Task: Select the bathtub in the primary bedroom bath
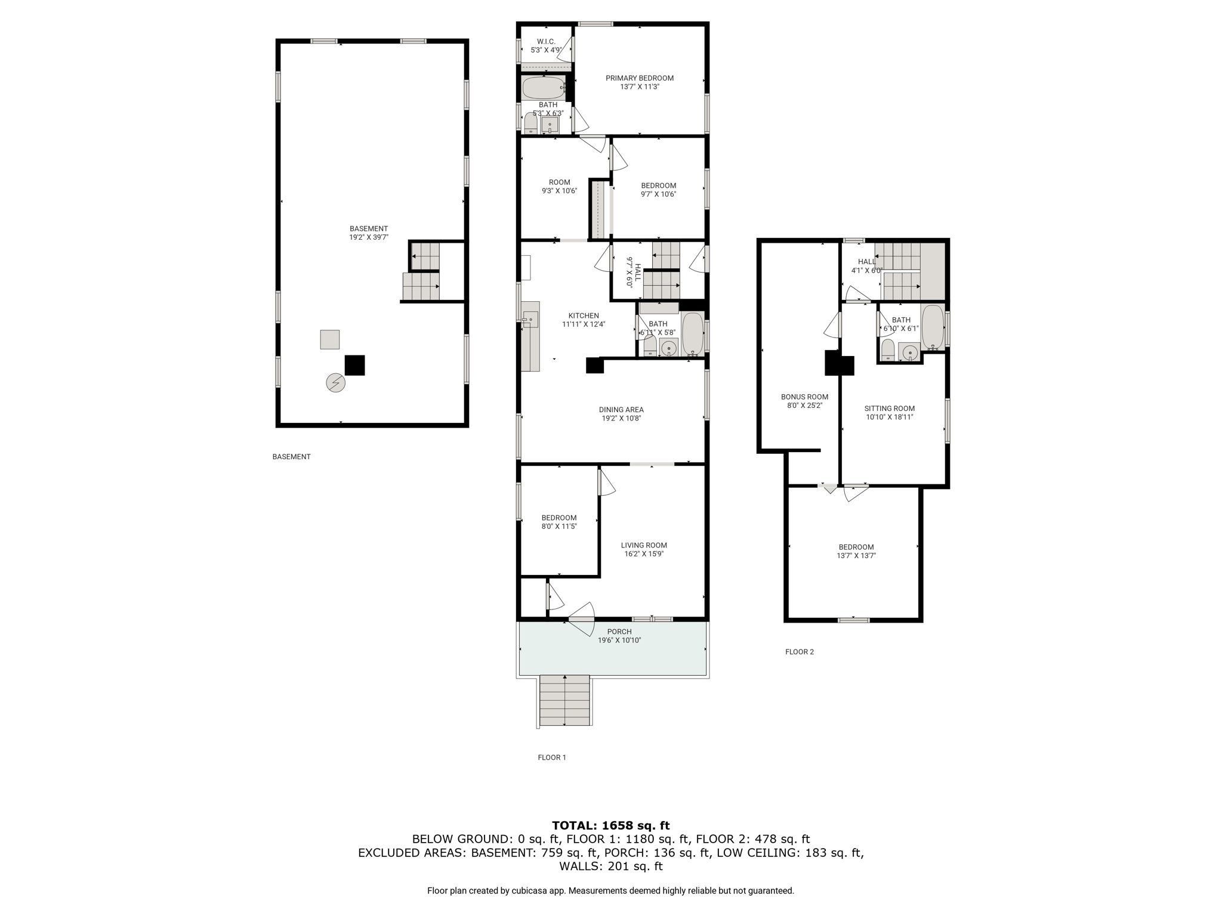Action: click(x=544, y=88)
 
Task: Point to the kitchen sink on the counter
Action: click(x=530, y=320)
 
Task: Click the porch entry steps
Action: click(x=565, y=701)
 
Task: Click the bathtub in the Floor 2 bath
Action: click(x=933, y=327)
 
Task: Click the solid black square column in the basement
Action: click(x=355, y=365)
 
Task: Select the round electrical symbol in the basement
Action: click(x=336, y=382)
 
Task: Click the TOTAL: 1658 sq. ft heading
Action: click(x=611, y=825)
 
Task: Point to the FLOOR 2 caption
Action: click(x=800, y=652)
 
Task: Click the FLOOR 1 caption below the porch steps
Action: click(x=552, y=757)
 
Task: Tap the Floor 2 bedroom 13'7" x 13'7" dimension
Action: click(x=856, y=556)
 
